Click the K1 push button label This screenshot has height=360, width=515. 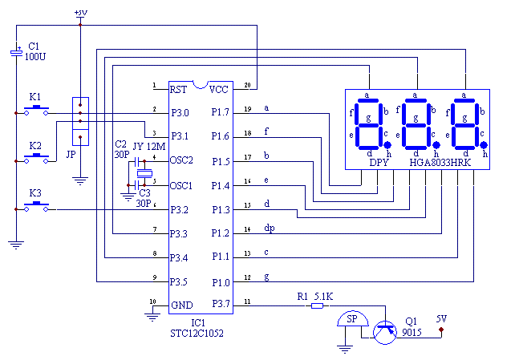click(35, 97)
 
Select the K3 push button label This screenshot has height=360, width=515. click(35, 194)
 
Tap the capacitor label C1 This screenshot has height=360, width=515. click(34, 47)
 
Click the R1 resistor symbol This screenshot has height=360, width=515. click(318, 305)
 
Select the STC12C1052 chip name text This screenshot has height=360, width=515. click(196, 333)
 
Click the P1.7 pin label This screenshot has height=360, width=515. click(220, 112)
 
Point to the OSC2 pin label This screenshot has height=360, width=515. click(181, 160)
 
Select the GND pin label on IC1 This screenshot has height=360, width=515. click(181, 305)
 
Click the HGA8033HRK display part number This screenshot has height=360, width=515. click(440, 162)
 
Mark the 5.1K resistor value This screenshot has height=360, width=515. click(324, 296)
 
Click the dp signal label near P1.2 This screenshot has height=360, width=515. click(270, 229)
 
